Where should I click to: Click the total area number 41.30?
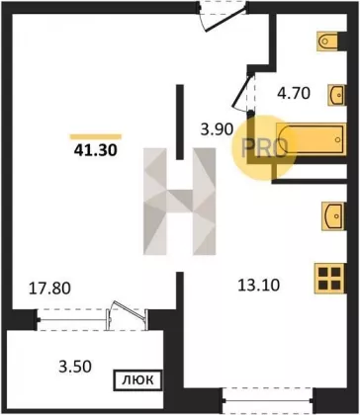click(96, 150)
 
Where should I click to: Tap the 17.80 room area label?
click(49, 289)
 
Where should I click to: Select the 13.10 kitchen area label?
click(259, 286)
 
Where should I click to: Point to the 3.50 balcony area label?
click(75, 367)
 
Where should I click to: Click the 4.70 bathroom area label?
click(294, 93)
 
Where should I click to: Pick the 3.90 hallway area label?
click(218, 128)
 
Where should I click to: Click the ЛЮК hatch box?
click(137, 380)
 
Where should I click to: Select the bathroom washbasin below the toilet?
click(337, 95)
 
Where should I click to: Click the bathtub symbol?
click(312, 139)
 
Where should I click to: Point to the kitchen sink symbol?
click(334, 216)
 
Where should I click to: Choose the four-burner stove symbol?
click(330, 279)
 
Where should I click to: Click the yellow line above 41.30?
click(96, 136)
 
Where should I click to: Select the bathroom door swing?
click(244, 91)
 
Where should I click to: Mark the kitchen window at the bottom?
click(267, 401)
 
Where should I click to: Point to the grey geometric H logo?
click(180, 202)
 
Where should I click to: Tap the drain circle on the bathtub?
click(337, 139)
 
